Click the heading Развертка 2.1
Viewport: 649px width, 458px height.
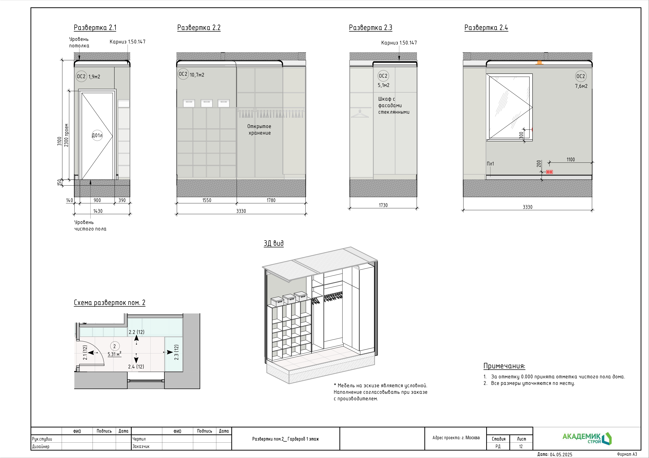[95, 28]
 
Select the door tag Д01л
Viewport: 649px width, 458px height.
[97, 135]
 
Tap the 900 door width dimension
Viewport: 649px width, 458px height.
[97, 200]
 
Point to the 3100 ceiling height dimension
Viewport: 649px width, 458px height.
[59, 141]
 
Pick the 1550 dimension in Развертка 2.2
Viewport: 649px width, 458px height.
[207, 200]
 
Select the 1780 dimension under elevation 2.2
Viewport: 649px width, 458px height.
[271, 200]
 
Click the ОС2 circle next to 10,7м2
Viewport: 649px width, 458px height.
[183, 74]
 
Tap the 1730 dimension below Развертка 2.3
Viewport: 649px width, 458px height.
[383, 205]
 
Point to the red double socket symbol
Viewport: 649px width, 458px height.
[549, 172]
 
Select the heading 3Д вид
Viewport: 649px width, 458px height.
[274, 243]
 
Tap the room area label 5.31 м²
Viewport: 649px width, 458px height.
[114, 354]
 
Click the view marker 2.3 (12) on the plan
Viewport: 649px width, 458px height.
[176, 352]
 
